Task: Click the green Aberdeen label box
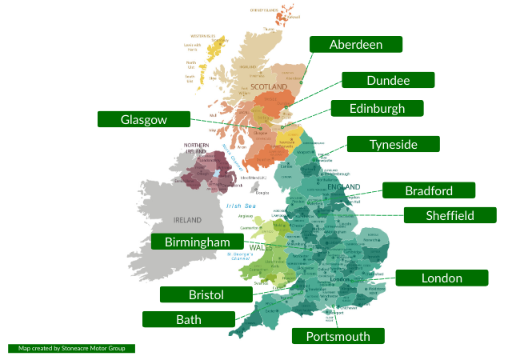(356, 44)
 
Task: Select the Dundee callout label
(388, 80)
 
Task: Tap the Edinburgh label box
(378, 108)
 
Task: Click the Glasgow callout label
(144, 119)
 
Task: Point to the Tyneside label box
(393, 144)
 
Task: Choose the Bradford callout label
(429, 190)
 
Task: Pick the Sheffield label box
(450, 215)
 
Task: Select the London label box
(442, 278)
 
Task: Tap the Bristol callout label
(206, 294)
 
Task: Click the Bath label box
(189, 319)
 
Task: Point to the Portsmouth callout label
(338, 336)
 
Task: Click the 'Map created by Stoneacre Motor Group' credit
(72, 349)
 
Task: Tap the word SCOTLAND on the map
(269, 86)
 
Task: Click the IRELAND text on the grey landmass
(188, 219)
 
